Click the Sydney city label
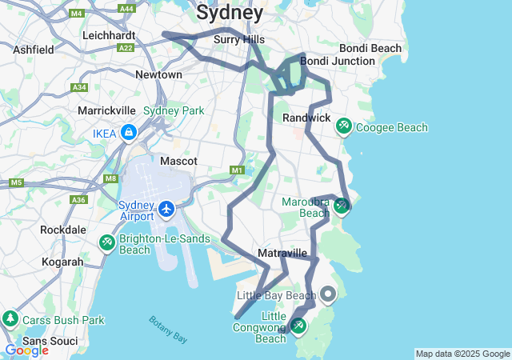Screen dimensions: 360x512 click(230, 13)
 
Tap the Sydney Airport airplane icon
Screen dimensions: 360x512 click(166, 210)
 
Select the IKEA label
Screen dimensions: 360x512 click(105, 133)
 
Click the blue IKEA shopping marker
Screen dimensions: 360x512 click(129, 132)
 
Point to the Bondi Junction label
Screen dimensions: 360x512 click(337, 61)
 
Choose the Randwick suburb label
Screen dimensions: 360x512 click(306, 118)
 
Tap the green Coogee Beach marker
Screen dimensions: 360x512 click(344, 126)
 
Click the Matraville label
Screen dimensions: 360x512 click(282, 254)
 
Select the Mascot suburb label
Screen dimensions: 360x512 click(178, 161)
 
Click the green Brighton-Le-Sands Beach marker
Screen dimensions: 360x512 click(106, 242)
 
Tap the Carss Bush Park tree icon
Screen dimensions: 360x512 click(10, 319)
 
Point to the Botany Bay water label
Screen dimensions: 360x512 click(169, 330)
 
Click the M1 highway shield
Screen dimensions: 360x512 click(236, 170)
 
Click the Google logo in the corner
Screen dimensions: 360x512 click(26, 350)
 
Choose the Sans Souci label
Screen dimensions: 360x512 click(50, 342)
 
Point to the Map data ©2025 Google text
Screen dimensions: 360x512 click(462, 354)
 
